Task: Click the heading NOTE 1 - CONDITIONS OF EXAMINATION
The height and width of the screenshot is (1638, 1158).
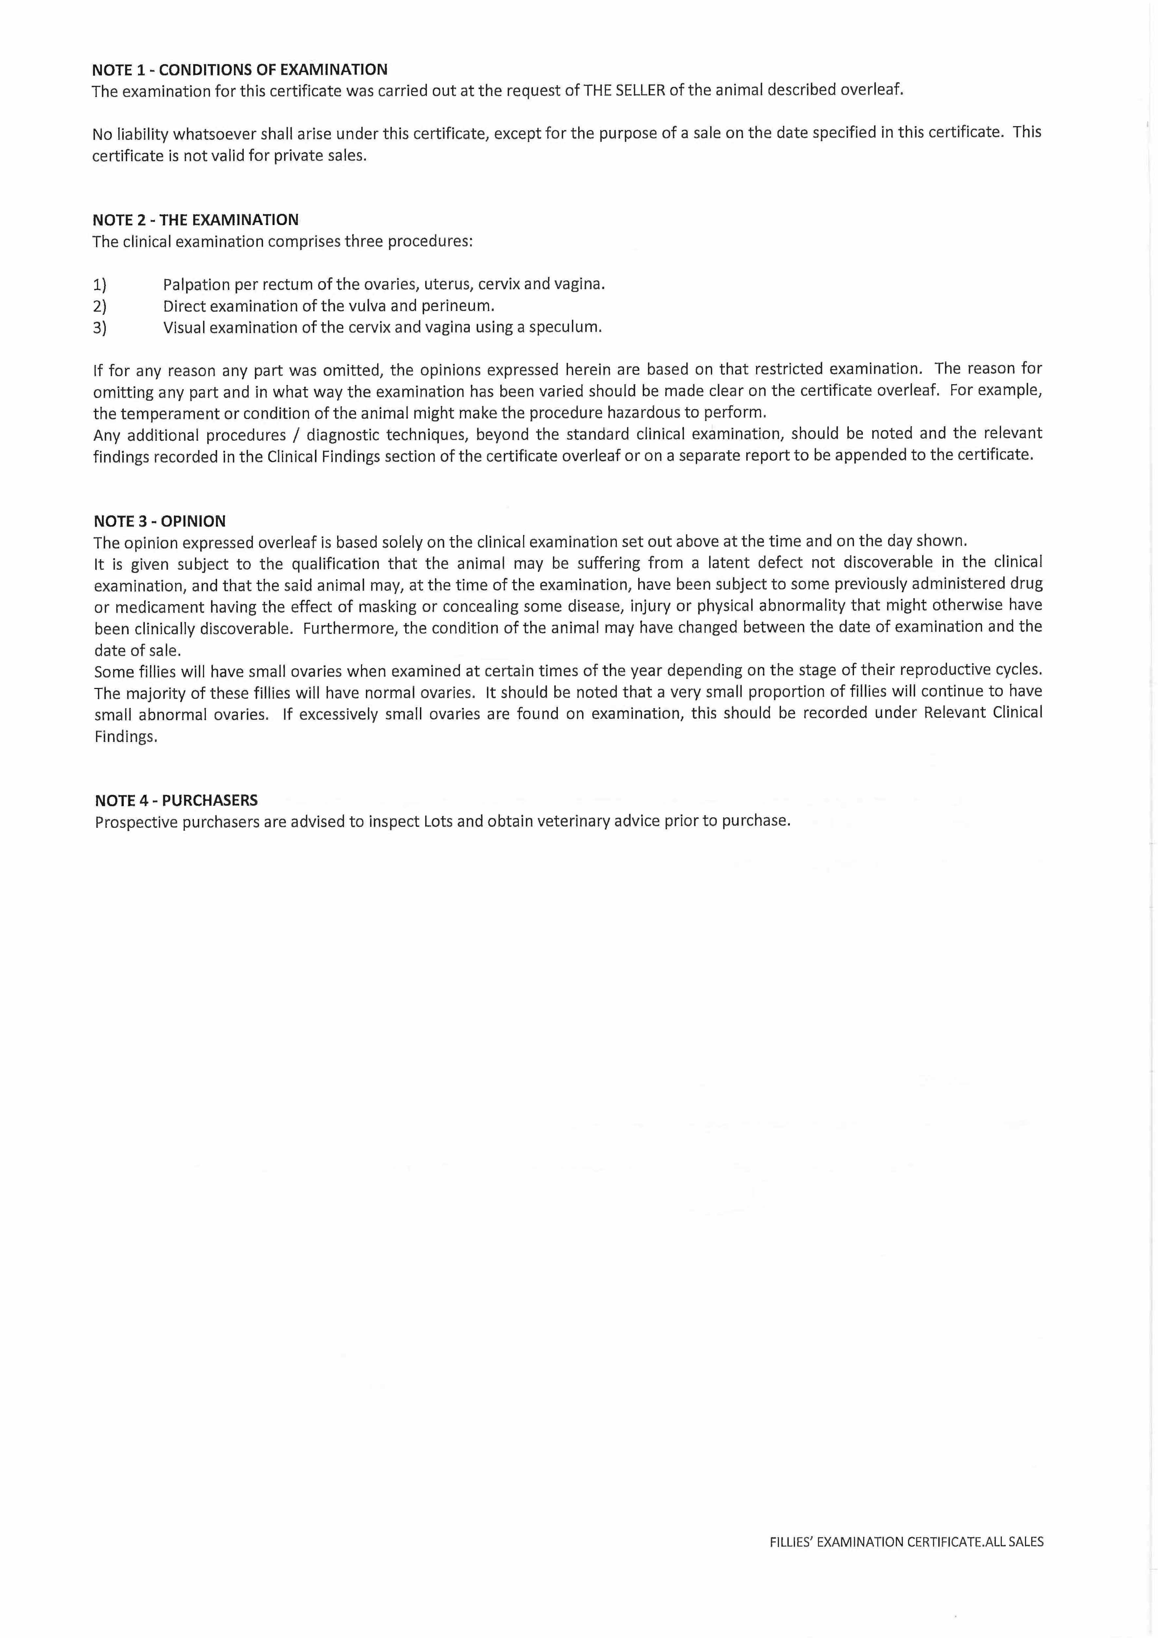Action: (240, 70)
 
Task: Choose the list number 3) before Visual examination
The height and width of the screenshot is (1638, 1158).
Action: (100, 328)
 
